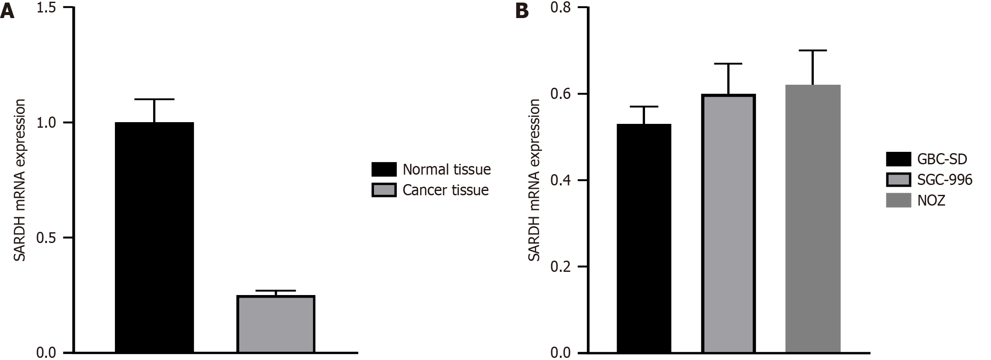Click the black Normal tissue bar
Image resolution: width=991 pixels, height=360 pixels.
[154, 237]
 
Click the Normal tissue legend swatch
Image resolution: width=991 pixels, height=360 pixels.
[384, 169]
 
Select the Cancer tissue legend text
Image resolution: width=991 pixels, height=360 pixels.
[445, 190]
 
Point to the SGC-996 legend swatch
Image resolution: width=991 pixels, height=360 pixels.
[898, 179]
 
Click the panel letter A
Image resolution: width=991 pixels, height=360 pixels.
[7, 12]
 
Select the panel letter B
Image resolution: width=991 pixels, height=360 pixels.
[522, 12]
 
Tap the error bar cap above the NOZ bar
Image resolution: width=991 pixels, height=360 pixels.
[813, 51]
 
